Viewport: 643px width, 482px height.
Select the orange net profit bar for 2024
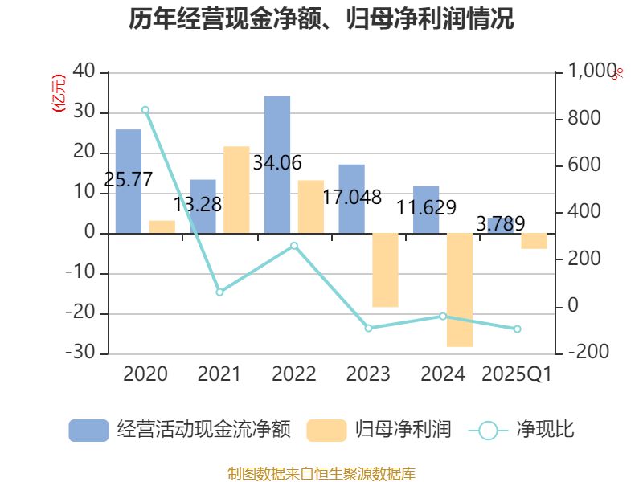click(x=460, y=290)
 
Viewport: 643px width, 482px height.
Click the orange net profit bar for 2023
click(x=385, y=270)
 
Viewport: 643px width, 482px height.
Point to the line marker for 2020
click(x=145, y=109)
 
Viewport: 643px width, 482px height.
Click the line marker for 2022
click(x=293, y=246)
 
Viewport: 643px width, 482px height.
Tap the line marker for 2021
click(x=219, y=292)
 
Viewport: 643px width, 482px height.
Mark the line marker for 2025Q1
click(x=517, y=329)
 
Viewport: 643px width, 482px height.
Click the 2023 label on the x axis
click(x=368, y=374)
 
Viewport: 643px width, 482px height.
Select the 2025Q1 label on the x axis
click(x=517, y=374)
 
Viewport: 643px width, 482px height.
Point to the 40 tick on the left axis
click(x=84, y=73)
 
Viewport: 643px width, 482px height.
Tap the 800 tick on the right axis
click(x=585, y=119)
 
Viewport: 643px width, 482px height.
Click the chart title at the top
click(x=321, y=18)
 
